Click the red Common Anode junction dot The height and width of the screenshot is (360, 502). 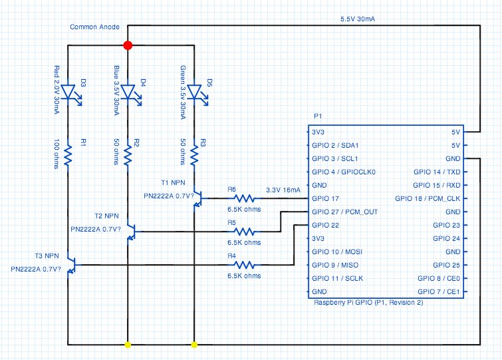(128, 45)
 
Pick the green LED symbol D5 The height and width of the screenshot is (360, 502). (194, 91)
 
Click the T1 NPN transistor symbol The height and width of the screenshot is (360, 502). (197, 198)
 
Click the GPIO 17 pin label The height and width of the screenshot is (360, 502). (326, 198)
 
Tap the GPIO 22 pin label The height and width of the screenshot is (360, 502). (326, 225)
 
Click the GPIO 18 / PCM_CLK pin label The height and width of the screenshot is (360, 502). (428, 198)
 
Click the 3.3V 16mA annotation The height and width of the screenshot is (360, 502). (283, 190)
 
